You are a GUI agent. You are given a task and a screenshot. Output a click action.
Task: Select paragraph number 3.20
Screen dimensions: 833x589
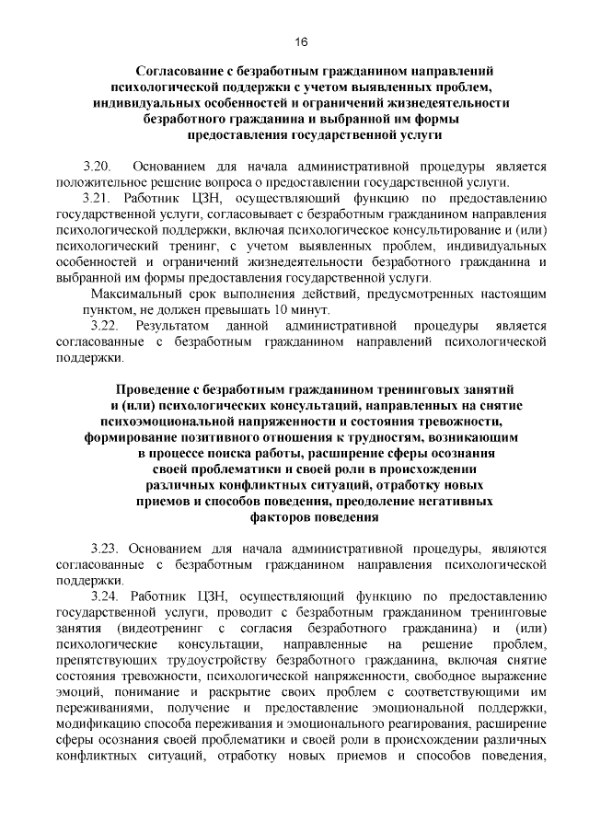97,167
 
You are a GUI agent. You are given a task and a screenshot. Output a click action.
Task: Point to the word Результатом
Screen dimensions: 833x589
173,326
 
